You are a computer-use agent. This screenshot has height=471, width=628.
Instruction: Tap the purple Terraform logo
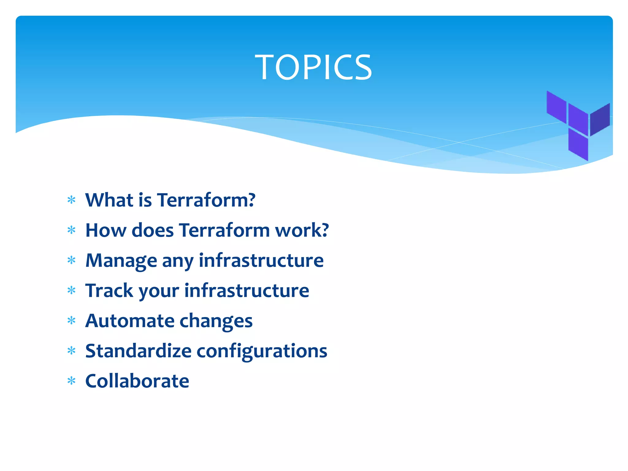pos(578,126)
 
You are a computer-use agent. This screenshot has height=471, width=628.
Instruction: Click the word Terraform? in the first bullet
pos(206,200)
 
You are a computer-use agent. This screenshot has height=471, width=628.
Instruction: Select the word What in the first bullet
pos(109,200)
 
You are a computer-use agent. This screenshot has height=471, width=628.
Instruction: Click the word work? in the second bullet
pos(302,230)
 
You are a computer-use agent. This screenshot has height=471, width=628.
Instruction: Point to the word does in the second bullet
pos(152,230)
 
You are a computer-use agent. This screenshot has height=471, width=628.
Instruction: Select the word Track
pos(109,290)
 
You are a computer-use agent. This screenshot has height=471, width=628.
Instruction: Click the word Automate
pos(130,321)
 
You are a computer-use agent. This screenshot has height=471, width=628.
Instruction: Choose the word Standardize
pos(138,351)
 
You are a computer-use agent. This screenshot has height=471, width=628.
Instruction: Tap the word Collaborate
pos(137,381)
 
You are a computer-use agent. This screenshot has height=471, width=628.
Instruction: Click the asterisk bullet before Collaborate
pos(71,381)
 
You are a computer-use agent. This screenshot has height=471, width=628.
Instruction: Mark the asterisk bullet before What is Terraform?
pos(71,200)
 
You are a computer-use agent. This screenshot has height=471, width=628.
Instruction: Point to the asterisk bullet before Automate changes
pos(71,321)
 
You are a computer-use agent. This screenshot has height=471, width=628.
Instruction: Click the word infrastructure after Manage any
pos(261,261)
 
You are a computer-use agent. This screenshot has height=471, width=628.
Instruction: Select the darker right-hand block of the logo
pos(600,120)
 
